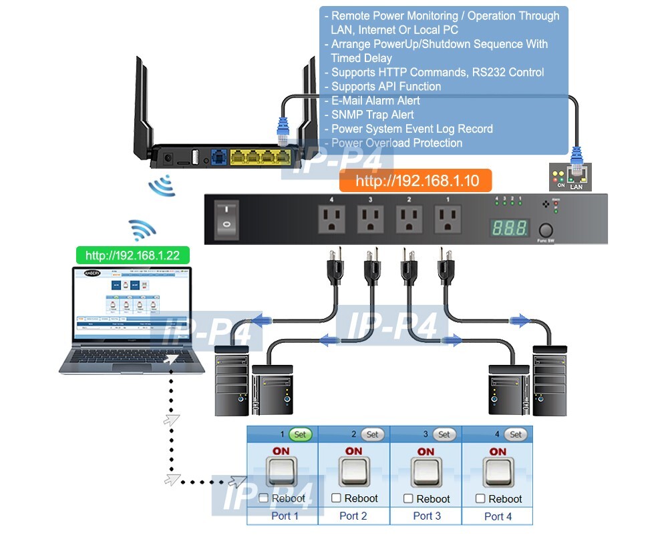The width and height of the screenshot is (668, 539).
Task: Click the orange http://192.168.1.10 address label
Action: (415, 181)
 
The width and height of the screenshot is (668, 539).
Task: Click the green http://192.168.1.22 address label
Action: (132, 255)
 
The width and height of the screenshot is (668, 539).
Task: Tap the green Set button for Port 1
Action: (300, 434)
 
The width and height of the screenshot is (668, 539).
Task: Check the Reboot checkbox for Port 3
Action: (409, 498)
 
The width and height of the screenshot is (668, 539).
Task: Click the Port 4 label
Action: (498, 516)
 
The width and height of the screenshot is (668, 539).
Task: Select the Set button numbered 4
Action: (516, 434)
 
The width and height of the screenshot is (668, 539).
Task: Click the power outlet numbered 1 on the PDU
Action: (447, 219)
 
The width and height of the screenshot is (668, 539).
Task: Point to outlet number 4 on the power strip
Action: (331, 219)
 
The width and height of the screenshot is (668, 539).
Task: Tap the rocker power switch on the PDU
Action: (225, 218)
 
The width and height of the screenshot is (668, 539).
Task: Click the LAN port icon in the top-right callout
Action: (575, 176)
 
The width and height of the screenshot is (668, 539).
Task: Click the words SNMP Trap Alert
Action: (372, 115)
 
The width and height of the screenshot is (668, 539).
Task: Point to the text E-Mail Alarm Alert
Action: (375, 101)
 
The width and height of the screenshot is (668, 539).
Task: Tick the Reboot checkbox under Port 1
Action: (263, 498)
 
